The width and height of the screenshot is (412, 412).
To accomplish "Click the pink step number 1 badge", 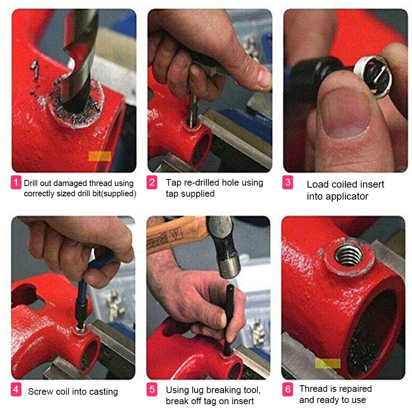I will [x=16, y=182].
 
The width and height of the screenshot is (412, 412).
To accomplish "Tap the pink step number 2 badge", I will [x=152, y=182].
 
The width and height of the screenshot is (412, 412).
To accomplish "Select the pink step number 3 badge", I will [x=288, y=182].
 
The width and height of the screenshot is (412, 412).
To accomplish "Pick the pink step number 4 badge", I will [x=16, y=389].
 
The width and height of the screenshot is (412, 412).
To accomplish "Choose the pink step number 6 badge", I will [x=288, y=389].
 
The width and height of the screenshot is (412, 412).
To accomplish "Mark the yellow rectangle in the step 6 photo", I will [x=328, y=363].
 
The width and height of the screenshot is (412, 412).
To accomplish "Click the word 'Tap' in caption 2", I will [x=173, y=182].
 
